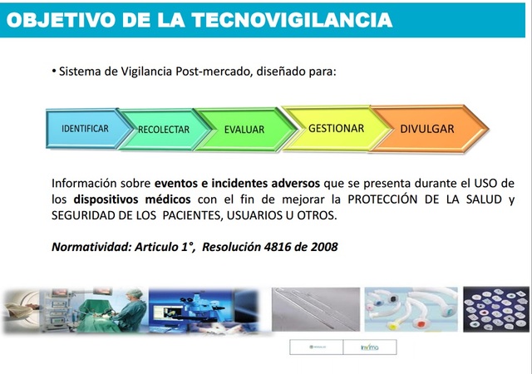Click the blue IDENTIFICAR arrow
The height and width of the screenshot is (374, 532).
(84, 129)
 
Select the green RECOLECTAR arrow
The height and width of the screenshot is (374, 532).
(164, 130)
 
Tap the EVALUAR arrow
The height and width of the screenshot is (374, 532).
(244, 130)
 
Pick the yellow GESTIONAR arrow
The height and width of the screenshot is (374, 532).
(335, 129)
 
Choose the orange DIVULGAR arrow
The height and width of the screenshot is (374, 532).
(426, 129)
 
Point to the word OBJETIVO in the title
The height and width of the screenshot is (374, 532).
(60, 18)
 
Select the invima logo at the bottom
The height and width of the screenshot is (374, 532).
(371, 347)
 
